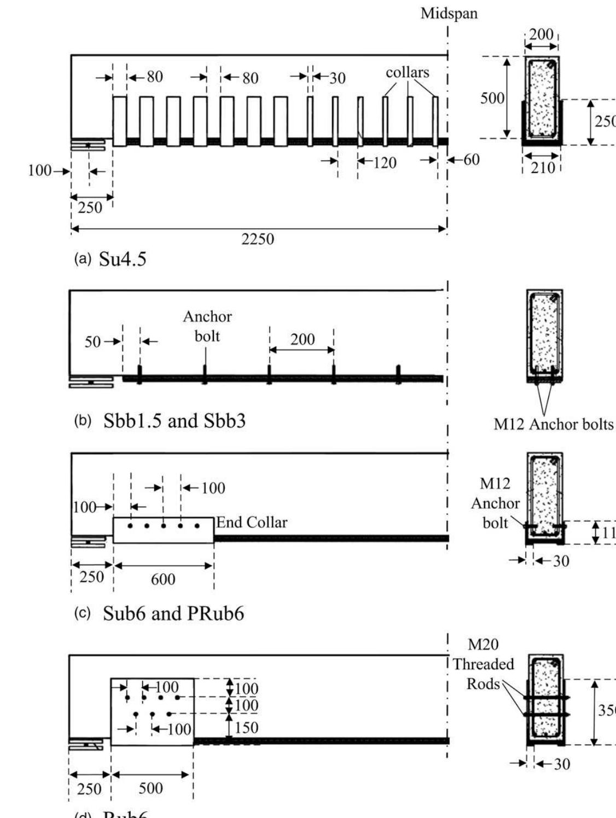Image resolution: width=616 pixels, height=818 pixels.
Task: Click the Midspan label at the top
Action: click(449, 14)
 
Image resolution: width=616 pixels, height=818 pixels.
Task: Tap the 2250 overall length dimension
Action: click(258, 239)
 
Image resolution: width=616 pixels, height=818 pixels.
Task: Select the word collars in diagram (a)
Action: click(408, 73)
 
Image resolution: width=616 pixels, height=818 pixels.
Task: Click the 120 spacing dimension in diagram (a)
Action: click(385, 163)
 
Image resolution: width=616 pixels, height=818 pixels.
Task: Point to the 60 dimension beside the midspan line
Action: click(471, 160)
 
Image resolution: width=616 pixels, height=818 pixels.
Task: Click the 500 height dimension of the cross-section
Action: click(492, 98)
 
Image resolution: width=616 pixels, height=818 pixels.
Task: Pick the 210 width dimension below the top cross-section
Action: click(542, 168)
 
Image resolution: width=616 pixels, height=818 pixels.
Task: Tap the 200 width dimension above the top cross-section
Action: click(541, 34)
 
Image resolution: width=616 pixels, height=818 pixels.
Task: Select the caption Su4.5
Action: click(123, 259)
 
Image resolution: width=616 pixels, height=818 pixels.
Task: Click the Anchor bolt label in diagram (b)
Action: click(207, 326)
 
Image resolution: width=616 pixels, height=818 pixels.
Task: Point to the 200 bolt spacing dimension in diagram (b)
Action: click(302, 340)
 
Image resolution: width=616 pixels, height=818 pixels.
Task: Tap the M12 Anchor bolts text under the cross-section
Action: click(553, 425)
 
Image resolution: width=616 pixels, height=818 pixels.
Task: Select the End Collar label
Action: click(252, 523)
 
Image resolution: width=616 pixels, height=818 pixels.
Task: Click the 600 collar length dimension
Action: click(163, 579)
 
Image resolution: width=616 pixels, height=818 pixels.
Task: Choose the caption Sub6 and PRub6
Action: click(173, 613)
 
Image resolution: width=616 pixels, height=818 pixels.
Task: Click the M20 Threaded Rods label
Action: click(483, 664)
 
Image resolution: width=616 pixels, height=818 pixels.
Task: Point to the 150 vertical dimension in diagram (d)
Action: click(246, 728)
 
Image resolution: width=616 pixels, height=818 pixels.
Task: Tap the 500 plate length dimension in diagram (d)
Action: click(150, 788)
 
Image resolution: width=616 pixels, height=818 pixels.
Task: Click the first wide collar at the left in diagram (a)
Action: click(119, 121)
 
